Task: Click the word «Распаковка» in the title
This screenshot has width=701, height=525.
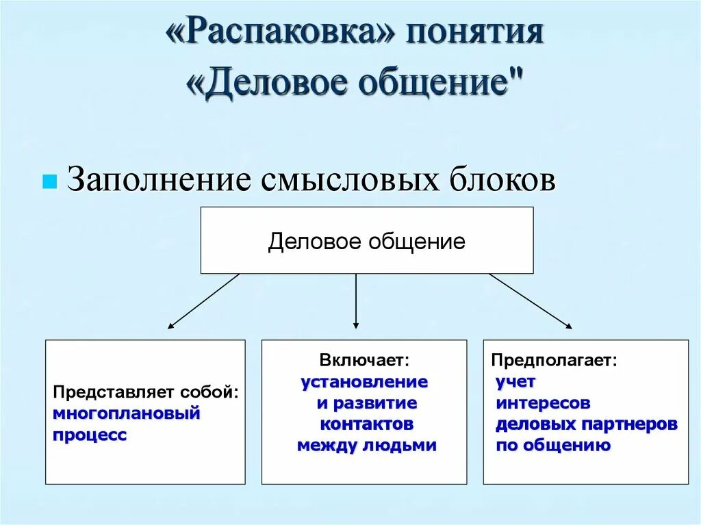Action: (x=280, y=34)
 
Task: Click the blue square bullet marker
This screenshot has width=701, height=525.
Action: (x=49, y=183)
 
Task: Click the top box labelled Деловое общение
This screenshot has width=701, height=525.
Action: (x=366, y=241)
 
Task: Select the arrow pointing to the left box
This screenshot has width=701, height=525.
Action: (x=203, y=301)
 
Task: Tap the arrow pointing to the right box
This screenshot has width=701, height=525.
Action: (x=531, y=301)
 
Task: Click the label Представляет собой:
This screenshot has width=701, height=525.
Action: (x=146, y=394)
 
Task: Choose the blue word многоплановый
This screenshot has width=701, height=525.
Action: (x=127, y=413)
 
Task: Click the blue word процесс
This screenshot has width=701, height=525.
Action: (x=90, y=435)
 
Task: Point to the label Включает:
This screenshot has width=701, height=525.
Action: (x=364, y=360)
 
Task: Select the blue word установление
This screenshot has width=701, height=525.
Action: (x=364, y=381)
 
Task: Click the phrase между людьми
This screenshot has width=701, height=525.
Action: (x=367, y=446)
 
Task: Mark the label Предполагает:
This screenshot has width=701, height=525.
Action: (x=553, y=360)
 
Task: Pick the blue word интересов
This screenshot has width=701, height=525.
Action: (x=543, y=402)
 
